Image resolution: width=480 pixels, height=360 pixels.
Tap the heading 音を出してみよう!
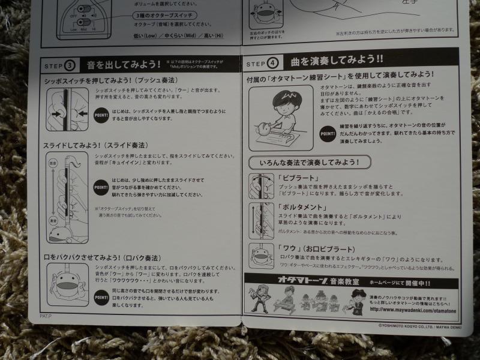tap(123, 64)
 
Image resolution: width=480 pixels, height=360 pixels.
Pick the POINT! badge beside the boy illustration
tap(327, 132)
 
